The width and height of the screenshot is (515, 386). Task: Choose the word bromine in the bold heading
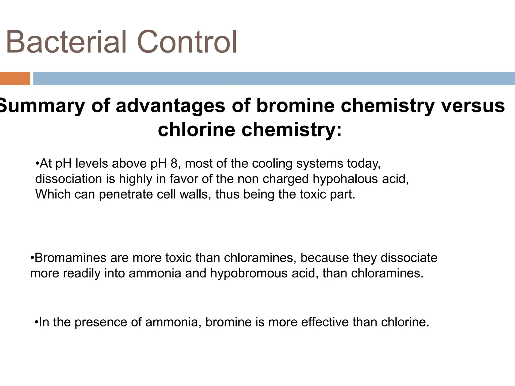point(295,106)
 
